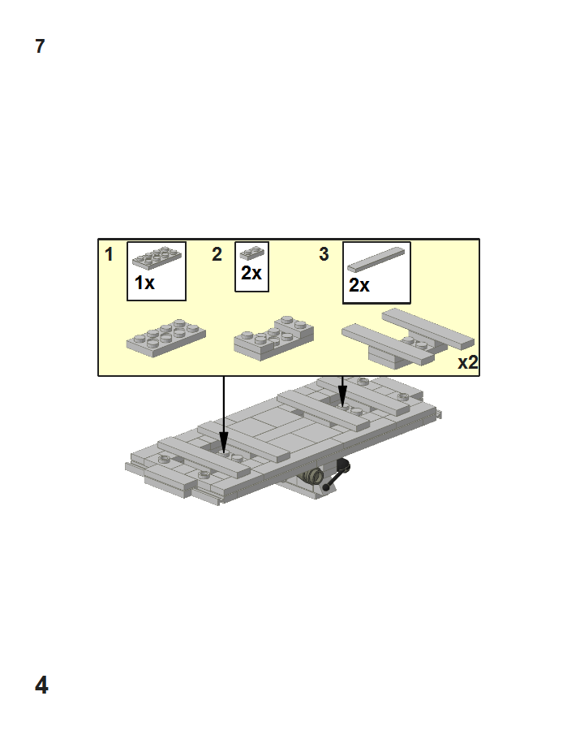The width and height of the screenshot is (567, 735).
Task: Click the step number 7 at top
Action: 40,46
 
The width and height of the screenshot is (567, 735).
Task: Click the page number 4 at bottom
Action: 41,685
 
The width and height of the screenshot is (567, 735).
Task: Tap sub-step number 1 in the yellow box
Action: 109,254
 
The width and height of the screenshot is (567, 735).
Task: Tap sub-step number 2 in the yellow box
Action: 217,254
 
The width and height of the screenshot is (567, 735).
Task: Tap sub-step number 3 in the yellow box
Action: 324,254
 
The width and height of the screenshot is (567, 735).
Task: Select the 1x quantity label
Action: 144,283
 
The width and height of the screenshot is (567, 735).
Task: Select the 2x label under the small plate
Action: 251,273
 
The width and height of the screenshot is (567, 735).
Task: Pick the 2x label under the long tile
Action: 359,285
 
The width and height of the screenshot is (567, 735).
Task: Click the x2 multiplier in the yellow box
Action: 468,363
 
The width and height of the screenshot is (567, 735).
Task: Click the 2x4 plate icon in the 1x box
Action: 157,257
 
